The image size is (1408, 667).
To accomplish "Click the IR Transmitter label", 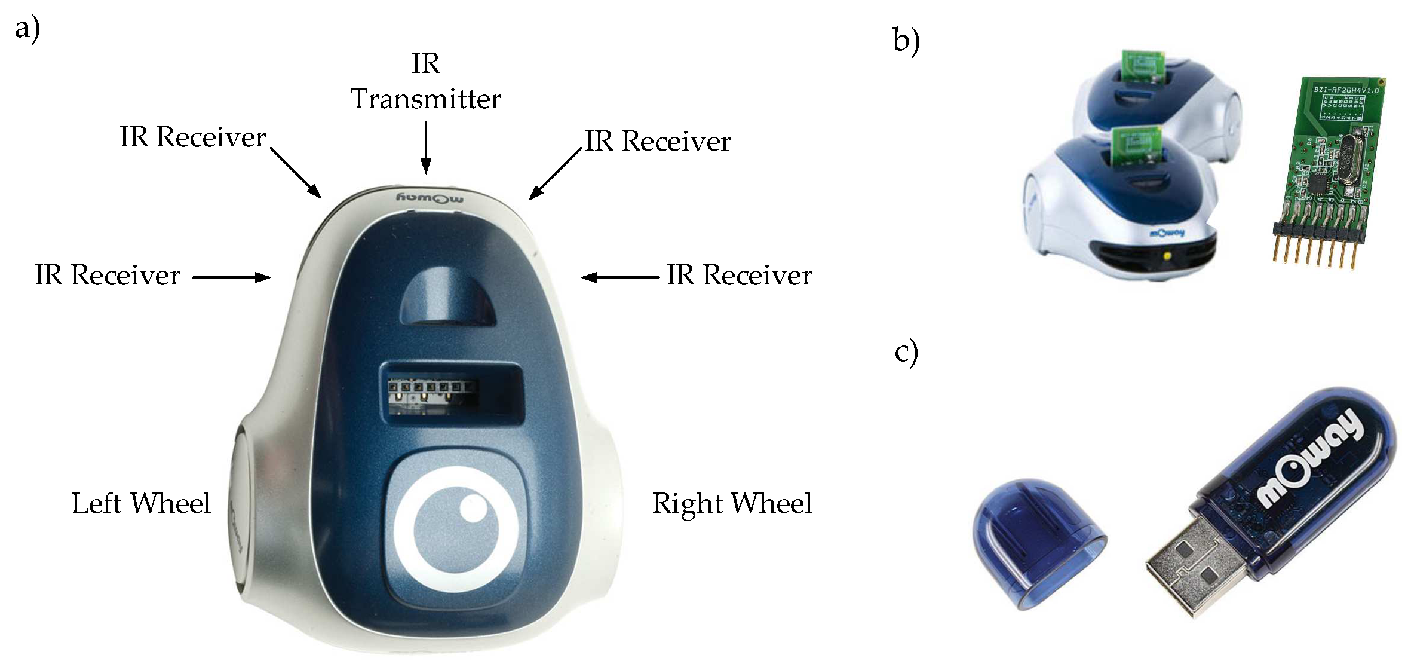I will pyautogui.click(x=425, y=82).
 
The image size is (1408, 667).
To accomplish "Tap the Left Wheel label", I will pyautogui.click(x=141, y=503).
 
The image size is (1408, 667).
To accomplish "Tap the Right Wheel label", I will pyautogui.click(x=732, y=503).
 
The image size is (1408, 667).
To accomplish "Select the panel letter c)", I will pyautogui.click(x=906, y=353).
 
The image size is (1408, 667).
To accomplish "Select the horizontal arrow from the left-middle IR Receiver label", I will pyautogui.click(x=231, y=277).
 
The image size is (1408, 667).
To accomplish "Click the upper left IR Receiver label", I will pyautogui.click(x=192, y=137).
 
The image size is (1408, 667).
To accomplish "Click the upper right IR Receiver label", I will pyautogui.click(x=658, y=142).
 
